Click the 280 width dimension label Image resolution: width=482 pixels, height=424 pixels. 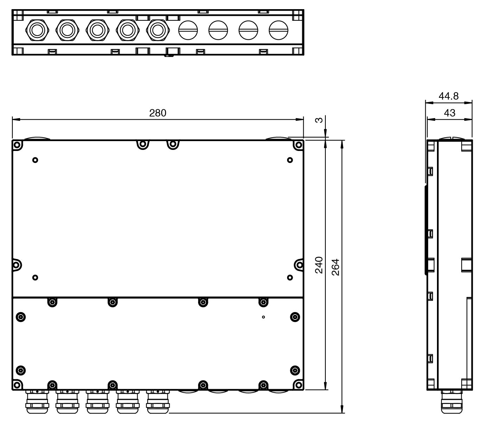158,113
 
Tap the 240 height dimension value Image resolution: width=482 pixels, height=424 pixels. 319,265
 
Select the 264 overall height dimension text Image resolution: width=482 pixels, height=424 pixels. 335,267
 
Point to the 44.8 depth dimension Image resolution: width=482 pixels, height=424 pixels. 449,96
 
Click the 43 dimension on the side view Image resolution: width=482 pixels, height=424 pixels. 449,113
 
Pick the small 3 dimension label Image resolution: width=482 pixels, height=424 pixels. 319,120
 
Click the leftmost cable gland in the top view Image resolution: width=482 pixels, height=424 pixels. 37,30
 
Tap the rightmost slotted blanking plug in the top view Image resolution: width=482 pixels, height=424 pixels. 278,30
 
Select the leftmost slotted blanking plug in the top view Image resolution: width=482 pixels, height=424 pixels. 188,30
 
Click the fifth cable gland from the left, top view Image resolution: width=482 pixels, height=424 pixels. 158,30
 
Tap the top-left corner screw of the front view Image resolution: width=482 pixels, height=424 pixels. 17,145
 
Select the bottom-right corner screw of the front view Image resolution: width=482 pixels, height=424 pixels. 299,385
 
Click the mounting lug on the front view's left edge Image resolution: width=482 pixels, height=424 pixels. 16,265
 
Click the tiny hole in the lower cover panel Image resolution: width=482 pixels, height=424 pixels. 263,317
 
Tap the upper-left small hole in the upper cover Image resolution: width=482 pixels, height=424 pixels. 35,160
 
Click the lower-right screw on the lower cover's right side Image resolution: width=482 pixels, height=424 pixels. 295,371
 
